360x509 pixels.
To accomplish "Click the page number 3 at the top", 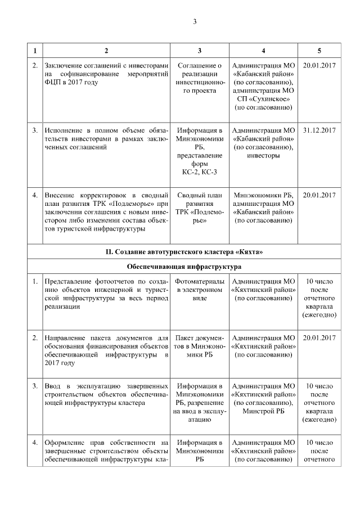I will pos(195,21).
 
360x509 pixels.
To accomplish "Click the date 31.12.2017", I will pos(318,130).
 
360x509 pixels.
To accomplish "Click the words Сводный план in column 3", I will pos(200,195).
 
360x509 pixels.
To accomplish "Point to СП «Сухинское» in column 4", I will pos(264,98).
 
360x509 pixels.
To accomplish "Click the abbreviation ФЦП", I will pos(54,82).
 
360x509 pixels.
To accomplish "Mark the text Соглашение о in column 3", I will pos(200,66).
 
